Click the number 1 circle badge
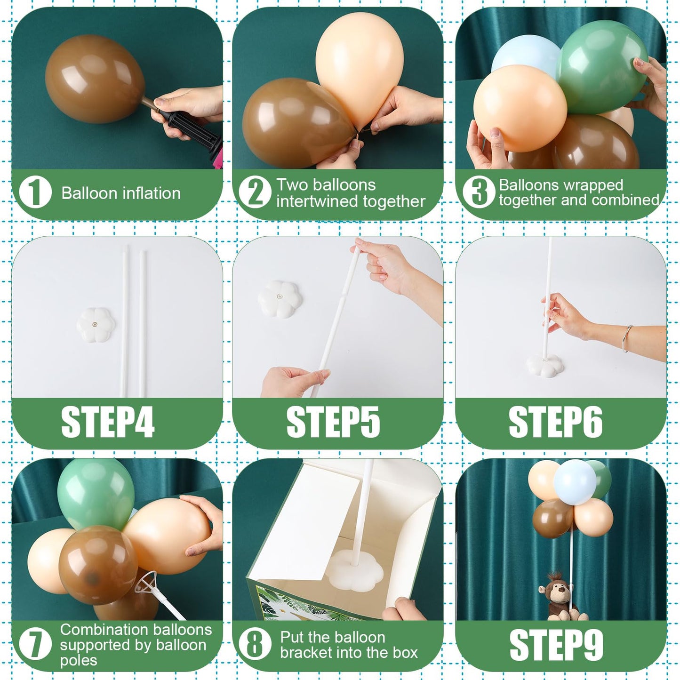pos(35,193)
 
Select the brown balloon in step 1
pos(94,79)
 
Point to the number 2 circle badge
pos(255,193)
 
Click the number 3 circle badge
pos(479,193)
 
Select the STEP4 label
pos(108,422)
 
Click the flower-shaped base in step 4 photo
pos(96,324)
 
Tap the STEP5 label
pos(333,422)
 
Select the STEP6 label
pos(555,422)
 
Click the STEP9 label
pos(556,645)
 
